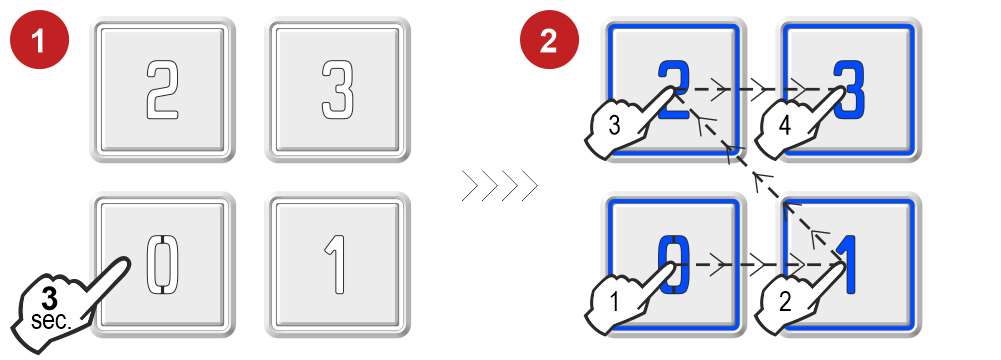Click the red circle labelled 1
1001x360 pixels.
[x=40, y=40]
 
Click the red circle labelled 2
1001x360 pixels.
[x=549, y=40]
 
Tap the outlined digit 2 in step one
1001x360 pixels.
[x=162, y=89]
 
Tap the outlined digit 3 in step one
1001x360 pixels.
[x=337, y=89]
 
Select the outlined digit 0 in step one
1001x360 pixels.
[x=163, y=265]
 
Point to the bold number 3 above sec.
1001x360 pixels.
[x=49, y=298]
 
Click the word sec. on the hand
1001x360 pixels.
[x=50, y=321]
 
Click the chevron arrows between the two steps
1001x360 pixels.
[x=500, y=186]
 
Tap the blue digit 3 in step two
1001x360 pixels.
[x=849, y=89]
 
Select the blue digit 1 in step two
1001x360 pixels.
[x=847, y=265]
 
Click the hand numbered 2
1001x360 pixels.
[x=802, y=296]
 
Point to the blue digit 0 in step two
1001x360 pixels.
[x=675, y=265]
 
